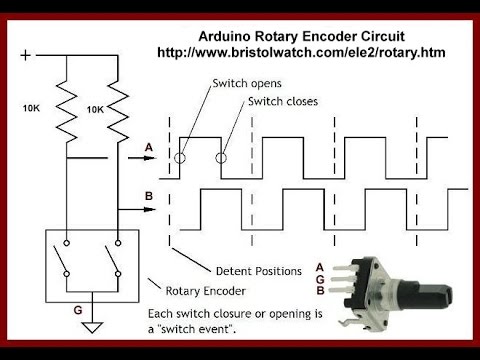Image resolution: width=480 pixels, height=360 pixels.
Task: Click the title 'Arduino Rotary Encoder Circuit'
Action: [x=300, y=35]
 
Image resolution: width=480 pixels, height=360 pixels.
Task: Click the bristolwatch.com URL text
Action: [x=300, y=51]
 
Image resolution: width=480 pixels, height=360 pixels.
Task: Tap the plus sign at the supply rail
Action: [x=25, y=55]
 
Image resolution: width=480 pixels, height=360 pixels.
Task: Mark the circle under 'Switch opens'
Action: [x=177, y=157]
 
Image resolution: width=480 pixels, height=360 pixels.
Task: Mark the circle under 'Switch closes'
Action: [x=222, y=157]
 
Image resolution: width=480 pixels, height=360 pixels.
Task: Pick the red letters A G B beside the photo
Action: [x=319, y=279]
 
